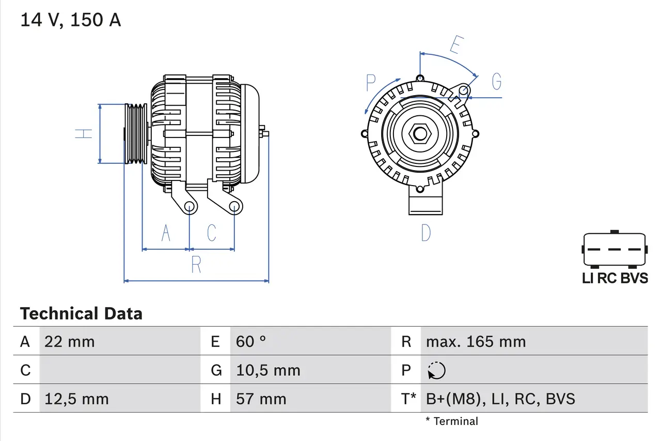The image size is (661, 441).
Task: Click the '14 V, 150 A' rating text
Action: (x=71, y=20)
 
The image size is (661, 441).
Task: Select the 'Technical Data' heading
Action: (x=81, y=313)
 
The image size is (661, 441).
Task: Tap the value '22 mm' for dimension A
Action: (x=70, y=341)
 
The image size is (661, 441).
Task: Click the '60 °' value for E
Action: (x=251, y=341)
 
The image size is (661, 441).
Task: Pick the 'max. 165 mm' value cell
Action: (x=476, y=341)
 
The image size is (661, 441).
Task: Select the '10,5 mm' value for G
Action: (x=268, y=370)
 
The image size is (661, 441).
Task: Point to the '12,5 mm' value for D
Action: (x=76, y=399)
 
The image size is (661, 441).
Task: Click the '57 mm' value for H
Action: (x=261, y=399)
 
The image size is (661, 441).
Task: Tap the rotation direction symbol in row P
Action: (x=437, y=370)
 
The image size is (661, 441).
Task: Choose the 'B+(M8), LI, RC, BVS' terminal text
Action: (x=500, y=399)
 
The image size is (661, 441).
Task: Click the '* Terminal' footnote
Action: (x=452, y=421)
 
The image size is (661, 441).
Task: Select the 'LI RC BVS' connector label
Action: (x=615, y=278)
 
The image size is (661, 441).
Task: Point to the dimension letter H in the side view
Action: (x=84, y=133)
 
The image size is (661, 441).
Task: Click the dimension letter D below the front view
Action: (x=426, y=233)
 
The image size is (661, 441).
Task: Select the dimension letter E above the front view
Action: (x=454, y=45)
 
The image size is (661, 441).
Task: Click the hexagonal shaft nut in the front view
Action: (x=420, y=134)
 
